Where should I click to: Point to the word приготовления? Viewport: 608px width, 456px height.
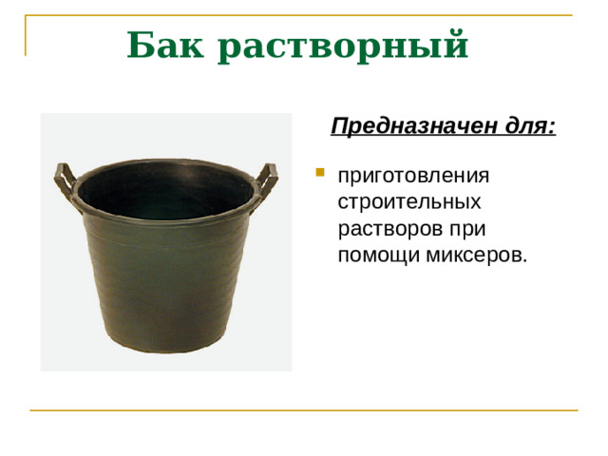point(413,178)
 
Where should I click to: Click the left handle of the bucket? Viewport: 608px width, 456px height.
point(63,177)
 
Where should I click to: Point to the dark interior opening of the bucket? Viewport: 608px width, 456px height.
point(165,185)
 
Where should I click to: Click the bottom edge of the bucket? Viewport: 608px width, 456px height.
point(166,351)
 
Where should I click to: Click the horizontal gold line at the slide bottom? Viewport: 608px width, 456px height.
point(304,410)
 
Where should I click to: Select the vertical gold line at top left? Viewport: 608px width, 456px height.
point(25,36)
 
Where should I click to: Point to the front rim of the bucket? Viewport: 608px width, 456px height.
point(165,216)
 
